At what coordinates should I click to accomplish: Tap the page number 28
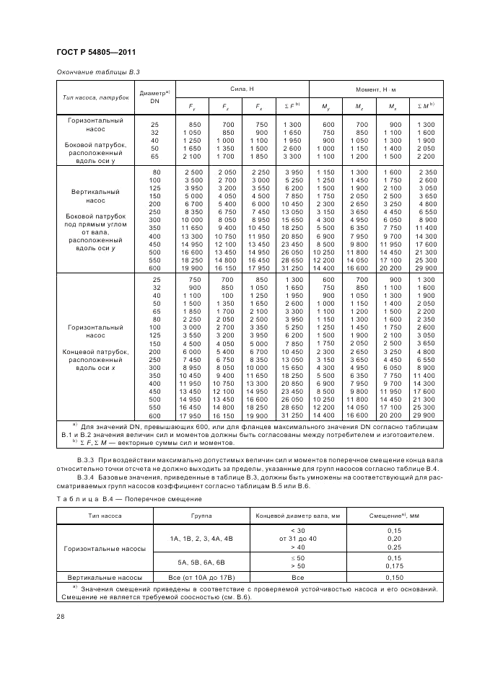pyautogui.click(x=59, y=614)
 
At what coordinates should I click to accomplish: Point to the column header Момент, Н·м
pyautogui.click(x=375, y=87)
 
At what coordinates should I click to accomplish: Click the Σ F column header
pyautogui.click(x=293, y=106)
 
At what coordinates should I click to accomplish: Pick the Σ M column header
pyautogui.click(x=426, y=106)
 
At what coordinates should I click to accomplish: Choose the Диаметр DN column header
pyautogui.click(x=154, y=97)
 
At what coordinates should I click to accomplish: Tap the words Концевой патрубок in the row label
pyautogui.click(x=95, y=351)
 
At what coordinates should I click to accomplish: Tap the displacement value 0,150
pyautogui.click(x=394, y=578)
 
